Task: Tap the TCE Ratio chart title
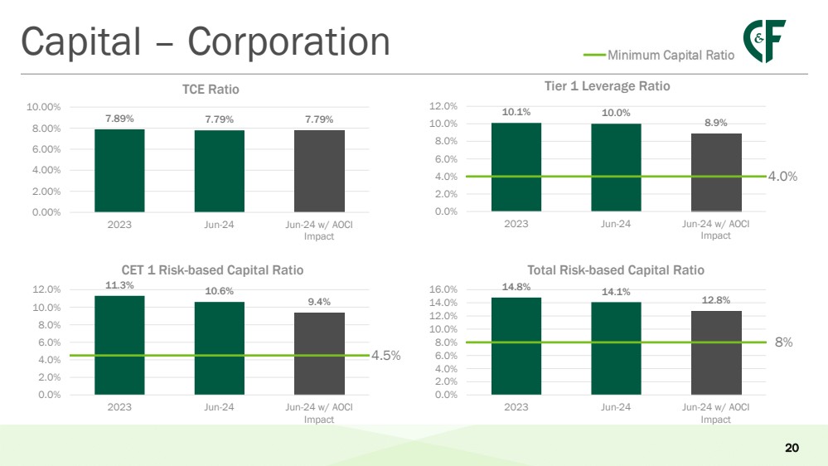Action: [x=211, y=90]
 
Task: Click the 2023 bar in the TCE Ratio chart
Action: [x=119, y=170]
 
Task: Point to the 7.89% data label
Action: [x=119, y=119]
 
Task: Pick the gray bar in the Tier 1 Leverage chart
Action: [x=716, y=172]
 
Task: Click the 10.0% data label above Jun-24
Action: [x=616, y=113]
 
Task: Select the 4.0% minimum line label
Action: [x=782, y=177]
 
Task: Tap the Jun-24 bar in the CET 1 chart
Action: [x=220, y=347]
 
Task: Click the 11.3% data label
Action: [x=119, y=284]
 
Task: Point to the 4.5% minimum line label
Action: [x=385, y=356]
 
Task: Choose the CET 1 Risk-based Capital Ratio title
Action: [x=212, y=270]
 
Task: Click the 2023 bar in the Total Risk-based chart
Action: [x=516, y=346]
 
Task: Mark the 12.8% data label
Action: [x=716, y=300]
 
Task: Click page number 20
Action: [x=791, y=449]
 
